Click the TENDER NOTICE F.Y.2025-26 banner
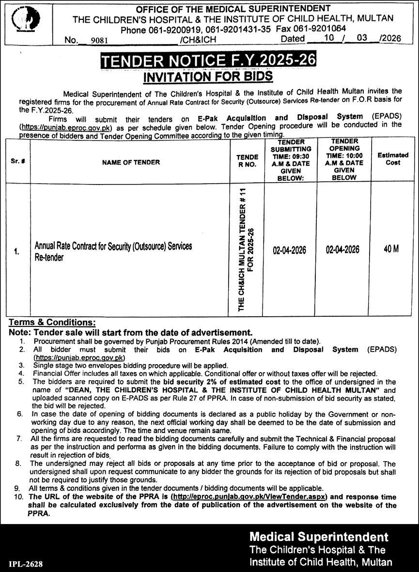[x=208, y=61]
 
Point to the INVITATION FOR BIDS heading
[x=208, y=76]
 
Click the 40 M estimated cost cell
[x=391, y=249]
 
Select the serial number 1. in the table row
[x=16, y=251]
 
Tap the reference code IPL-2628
[x=26, y=564]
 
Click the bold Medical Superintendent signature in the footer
[x=319, y=537]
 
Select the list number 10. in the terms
[x=18, y=497]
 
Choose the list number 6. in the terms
[x=20, y=415]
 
